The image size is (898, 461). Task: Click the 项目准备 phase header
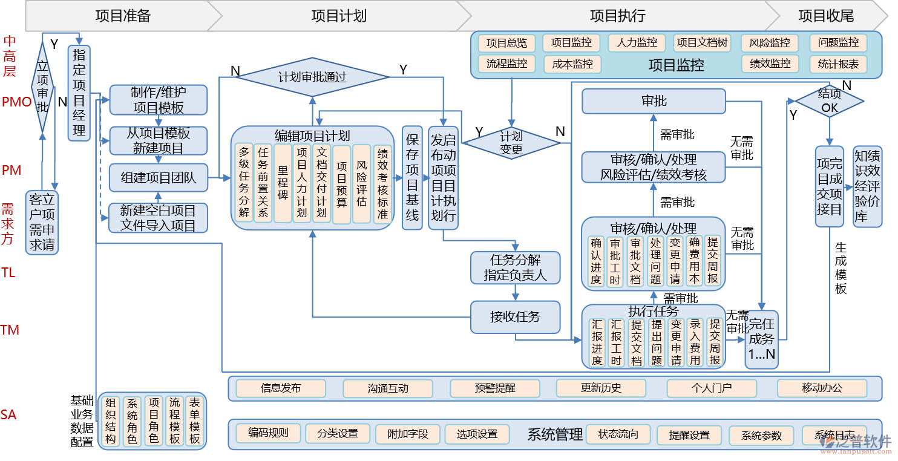(x=123, y=16)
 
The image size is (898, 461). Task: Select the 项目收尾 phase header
(x=825, y=16)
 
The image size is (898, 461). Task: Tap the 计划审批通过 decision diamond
(x=312, y=77)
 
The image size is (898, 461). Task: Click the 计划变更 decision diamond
(x=511, y=143)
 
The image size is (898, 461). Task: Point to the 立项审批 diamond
(x=42, y=87)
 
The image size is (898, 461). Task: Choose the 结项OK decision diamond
(x=829, y=100)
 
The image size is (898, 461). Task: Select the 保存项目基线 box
(x=412, y=178)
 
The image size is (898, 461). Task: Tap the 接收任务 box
(x=515, y=316)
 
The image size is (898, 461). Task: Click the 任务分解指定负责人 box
(x=515, y=267)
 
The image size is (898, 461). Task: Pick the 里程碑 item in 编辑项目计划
(x=283, y=183)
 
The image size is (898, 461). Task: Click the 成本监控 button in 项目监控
(x=572, y=64)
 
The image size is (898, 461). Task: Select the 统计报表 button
(x=838, y=64)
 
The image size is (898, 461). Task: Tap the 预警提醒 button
(x=494, y=388)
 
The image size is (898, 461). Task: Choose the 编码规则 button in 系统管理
(x=268, y=433)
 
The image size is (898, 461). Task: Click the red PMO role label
(x=16, y=102)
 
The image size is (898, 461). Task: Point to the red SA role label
(x=8, y=415)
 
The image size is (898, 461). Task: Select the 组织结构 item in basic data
(x=110, y=421)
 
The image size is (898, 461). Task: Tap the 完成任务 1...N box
(x=761, y=339)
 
